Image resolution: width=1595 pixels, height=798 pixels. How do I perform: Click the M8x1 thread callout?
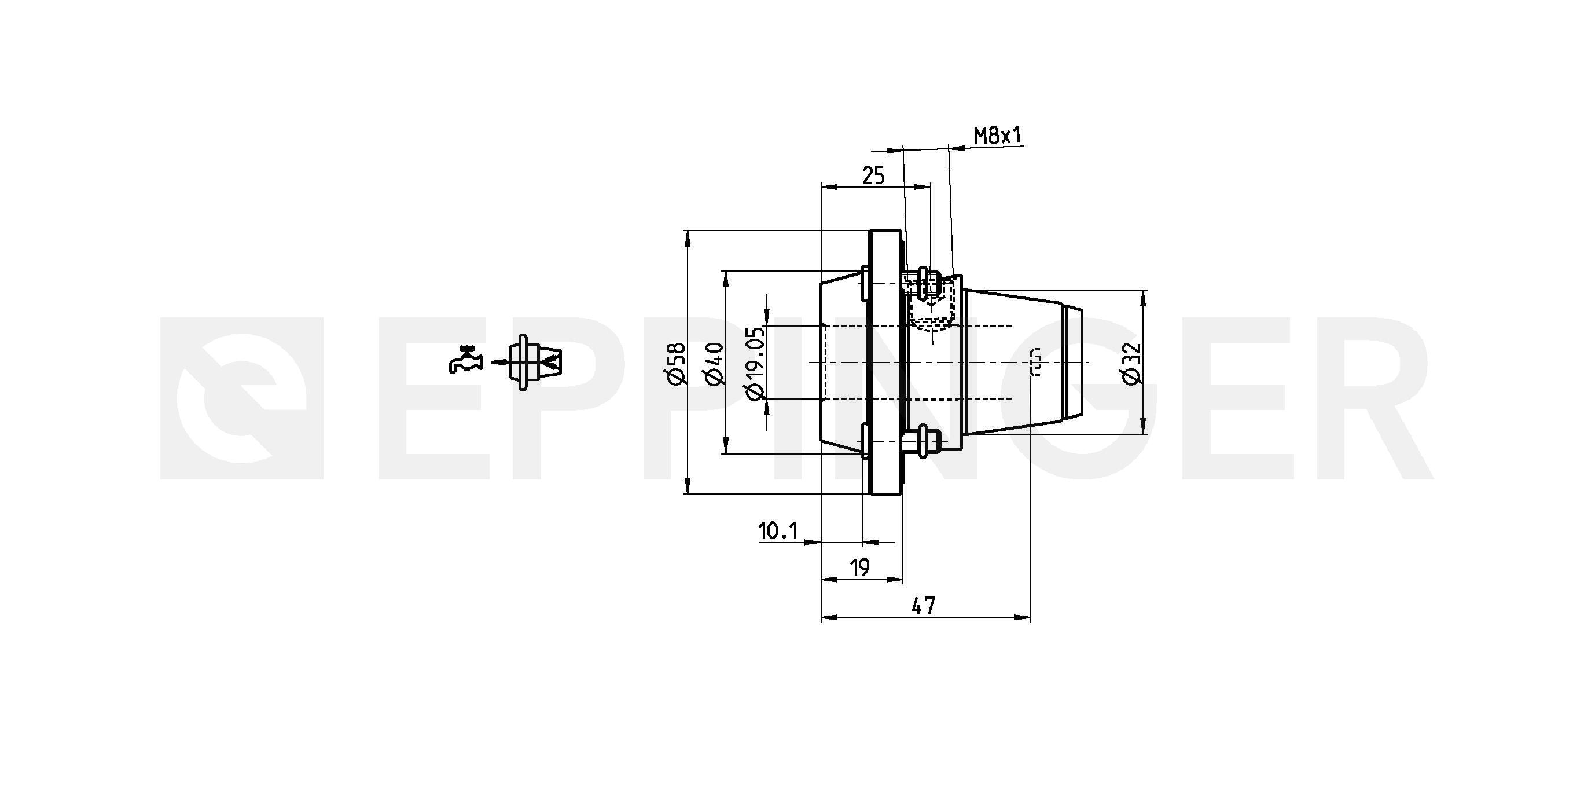pos(998,135)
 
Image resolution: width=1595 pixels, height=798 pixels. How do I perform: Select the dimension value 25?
pos(874,177)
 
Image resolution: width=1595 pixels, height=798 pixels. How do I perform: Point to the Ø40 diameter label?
pos(715,364)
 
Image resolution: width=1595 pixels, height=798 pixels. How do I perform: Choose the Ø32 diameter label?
pos(1131,364)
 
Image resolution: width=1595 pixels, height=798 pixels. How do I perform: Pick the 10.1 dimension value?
pos(778,531)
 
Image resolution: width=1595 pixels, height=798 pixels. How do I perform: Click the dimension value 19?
pos(860,567)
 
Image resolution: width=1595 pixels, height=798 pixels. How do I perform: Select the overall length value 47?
pos(924,605)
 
